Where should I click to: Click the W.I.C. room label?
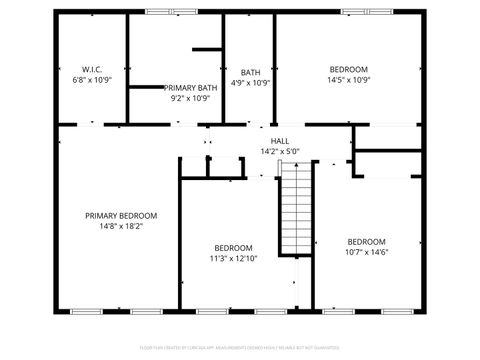[x=90, y=69]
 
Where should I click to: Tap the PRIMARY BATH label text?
[x=190, y=88]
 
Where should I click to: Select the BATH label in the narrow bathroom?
[x=250, y=72]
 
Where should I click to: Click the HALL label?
[x=280, y=141]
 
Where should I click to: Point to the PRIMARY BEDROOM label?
[x=121, y=216]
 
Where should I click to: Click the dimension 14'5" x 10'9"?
[x=349, y=80]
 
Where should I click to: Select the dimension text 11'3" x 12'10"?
[x=233, y=258]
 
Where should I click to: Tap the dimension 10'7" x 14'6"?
[x=366, y=252]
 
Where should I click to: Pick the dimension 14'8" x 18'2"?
[x=121, y=226]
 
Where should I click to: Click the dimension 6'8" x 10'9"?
[x=90, y=80]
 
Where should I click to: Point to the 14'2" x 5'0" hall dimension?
[x=280, y=152]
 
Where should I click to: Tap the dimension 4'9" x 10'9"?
[x=250, y=83]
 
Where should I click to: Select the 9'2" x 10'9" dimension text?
[x=190, y=99]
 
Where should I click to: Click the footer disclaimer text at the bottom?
[x=240, y=349]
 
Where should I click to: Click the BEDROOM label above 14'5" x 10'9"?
[x=349, y=69]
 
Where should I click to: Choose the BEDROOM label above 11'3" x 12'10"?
[x=233, y=247]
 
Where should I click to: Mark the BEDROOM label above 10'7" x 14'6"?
[x=366, y=241]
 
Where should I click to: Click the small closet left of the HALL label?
[x=207, y=167]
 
